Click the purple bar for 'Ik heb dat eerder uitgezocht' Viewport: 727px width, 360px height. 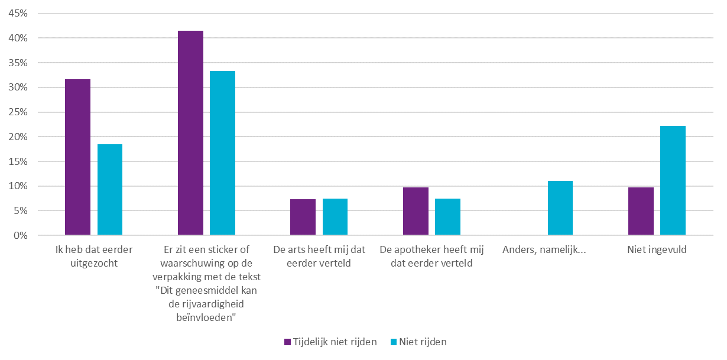coord(77,157)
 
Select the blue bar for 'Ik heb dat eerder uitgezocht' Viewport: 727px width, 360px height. coord(110,190)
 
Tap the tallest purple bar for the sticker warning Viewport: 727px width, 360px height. coord(190,133)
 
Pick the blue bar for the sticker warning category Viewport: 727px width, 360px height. coord(222,153)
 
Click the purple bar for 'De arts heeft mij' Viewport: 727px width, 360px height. coord(303,217)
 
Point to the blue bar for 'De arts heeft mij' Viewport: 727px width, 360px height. coord(335,217)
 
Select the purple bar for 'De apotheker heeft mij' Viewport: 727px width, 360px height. coord(416,211)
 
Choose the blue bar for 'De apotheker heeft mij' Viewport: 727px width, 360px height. coord(447,217)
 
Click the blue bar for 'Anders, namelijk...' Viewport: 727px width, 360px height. coord(560,208)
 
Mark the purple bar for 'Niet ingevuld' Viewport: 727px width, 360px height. coord(641,211)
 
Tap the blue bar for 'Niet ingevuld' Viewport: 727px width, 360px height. coord(673,180)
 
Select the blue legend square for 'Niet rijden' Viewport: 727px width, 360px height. coord(394,342)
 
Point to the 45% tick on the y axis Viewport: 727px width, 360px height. coord(18,14)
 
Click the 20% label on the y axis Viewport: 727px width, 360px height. coord(18,137)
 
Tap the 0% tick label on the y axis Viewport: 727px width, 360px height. coord(21,235)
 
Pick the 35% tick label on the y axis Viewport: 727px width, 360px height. coord(18,63)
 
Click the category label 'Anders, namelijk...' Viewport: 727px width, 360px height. coord(544,250)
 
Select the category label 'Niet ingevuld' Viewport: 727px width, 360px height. coord(657,250)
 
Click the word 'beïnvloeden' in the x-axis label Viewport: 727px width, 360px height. coord(206,317)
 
